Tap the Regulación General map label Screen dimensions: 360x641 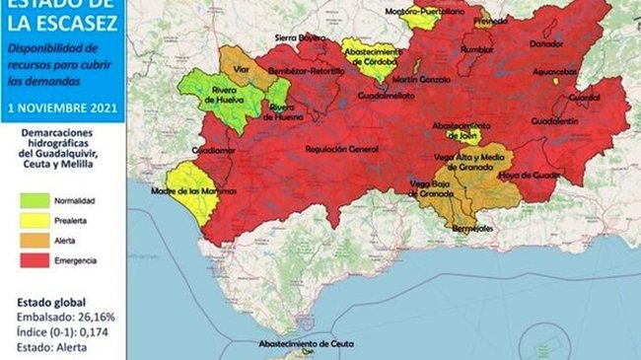point(342,148)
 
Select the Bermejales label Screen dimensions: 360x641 point(472,229)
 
